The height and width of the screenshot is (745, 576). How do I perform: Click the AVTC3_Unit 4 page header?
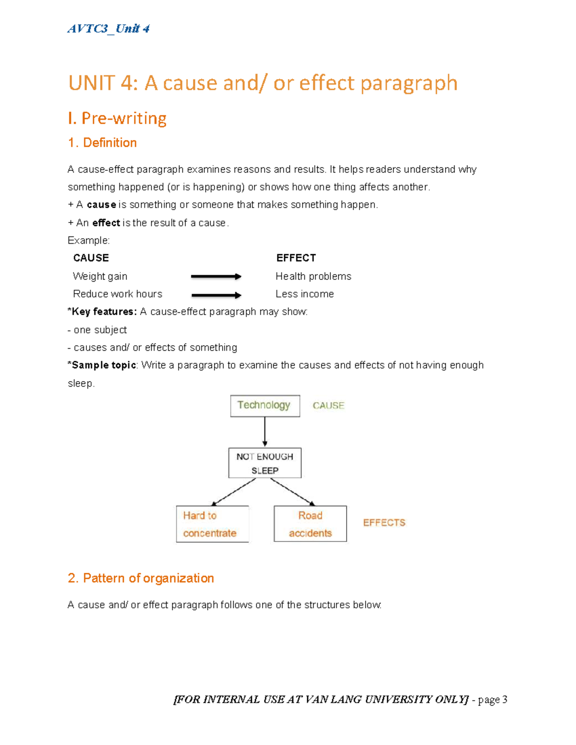[108, 29]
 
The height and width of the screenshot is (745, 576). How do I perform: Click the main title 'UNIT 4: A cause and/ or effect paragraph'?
[263, 83]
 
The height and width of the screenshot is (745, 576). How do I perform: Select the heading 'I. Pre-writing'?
[117, 118]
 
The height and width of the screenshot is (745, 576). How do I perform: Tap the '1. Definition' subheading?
[102, 142]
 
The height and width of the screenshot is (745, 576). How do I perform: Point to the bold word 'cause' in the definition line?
[101, 205]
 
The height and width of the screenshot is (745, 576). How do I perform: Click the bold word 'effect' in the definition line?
[106, 223]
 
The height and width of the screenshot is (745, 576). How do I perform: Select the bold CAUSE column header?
[91, 258]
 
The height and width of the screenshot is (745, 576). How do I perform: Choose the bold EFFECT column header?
[296, 258]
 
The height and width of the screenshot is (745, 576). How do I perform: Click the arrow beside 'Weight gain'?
[216, 276]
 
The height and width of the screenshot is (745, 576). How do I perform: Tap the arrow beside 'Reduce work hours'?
[216, 295]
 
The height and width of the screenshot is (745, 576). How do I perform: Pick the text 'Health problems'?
[313, 276]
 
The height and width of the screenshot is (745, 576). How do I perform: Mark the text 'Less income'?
[304, 294]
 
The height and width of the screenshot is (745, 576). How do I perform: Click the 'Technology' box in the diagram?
[265, 406]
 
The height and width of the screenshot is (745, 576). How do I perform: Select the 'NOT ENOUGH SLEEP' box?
[265, 463]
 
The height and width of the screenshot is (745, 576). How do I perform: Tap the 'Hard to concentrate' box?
[212, 524]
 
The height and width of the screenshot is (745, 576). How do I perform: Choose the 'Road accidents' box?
[310, 524]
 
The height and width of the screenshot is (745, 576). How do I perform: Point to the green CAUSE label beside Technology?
[328, 406]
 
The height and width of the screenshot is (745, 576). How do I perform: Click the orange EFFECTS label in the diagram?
[384, 522]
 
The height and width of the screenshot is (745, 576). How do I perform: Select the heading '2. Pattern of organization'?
[141, 578]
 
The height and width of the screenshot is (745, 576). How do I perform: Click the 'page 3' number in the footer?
[492, 699]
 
